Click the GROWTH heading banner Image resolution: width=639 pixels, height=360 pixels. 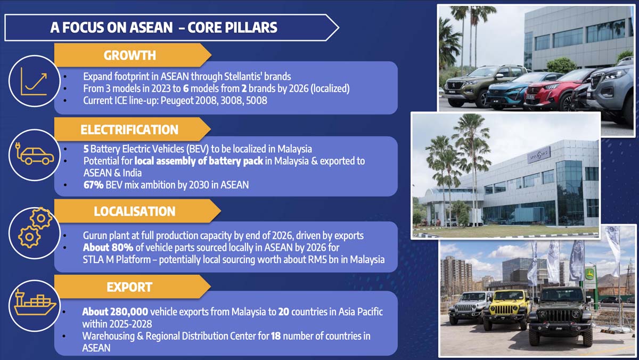[133, 55]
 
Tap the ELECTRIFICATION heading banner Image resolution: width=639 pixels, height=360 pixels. [133, 129]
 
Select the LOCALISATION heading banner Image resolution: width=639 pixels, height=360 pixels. [137, 211]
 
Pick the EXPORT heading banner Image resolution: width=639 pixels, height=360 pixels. [133, 287]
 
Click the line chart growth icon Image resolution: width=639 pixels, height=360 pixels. [34, 81]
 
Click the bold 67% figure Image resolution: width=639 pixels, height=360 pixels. [93, 185]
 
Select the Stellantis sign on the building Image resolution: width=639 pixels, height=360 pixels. [539, 155]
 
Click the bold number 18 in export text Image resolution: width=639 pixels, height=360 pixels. [276, 336]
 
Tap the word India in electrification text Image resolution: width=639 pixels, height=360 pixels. [132, 173]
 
